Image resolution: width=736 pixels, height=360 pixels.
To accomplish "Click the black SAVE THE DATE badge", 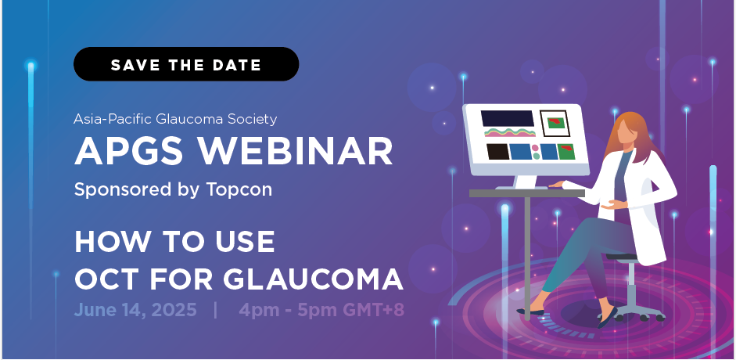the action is tap(186, 64).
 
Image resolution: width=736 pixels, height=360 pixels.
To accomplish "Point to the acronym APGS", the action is tap(131, 151).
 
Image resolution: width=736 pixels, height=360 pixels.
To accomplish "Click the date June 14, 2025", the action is tap(135, 310).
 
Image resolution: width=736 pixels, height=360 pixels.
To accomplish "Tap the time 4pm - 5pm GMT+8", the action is tap(321, 310).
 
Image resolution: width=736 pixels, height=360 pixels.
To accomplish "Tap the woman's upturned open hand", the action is tap(613, 204).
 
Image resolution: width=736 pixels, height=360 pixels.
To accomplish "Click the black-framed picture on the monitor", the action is tap(555, 124).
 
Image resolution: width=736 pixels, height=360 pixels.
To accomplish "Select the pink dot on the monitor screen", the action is tap(536, 148).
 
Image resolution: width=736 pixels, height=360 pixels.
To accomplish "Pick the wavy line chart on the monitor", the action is tap(510, 132).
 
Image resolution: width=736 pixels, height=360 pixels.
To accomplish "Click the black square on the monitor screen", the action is tap(497, 152).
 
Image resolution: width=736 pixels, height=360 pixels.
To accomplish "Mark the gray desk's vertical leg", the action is tap(527, 258).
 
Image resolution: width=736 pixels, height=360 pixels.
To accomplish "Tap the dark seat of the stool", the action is tap(623, 257).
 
